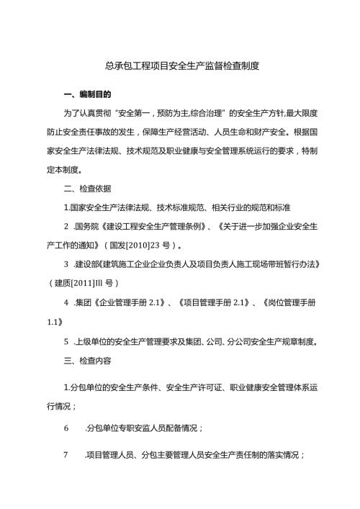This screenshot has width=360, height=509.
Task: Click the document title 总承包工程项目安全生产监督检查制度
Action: [x=180, y=66]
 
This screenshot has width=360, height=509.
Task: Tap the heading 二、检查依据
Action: [x=87, y=189]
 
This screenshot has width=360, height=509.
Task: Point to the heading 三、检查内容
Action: [x=87, y=359]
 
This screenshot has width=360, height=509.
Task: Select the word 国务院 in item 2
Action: [x=86, y=227]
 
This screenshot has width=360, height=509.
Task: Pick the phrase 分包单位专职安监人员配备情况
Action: [x=143, y=428]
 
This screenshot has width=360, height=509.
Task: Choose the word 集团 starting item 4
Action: [x=84, y=302]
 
